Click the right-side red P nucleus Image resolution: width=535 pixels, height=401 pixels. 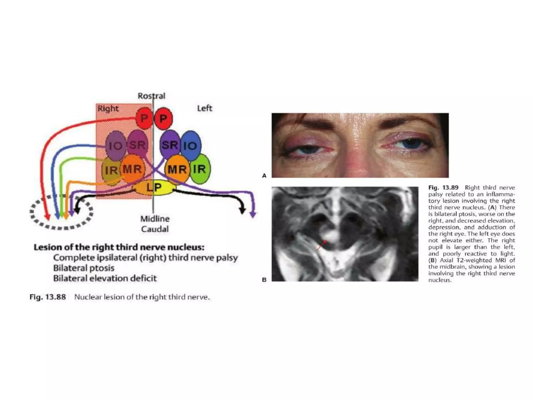click(144, 119)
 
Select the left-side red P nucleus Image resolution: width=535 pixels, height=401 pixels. click(164, 119)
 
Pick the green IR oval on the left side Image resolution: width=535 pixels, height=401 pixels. click(201, 169)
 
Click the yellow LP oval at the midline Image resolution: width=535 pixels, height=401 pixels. click(154, 187)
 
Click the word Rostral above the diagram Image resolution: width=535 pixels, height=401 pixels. click(152, 96)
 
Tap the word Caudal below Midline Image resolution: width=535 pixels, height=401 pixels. click(155, 229)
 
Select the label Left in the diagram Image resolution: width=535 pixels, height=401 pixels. click(205, 108)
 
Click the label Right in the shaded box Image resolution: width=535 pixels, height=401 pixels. click(108, 108)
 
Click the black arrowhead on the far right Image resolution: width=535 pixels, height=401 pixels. click(243, 210)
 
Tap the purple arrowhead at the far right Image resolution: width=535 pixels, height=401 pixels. click(253, 215)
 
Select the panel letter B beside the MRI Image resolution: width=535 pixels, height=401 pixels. click(264, 280)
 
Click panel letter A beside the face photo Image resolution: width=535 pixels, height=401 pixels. click(264, 176)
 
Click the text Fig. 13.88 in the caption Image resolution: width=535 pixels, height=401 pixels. click(48, 297)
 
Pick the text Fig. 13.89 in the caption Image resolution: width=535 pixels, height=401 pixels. click(443, 187)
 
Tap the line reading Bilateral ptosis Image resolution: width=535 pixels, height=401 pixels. click(84, 268)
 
